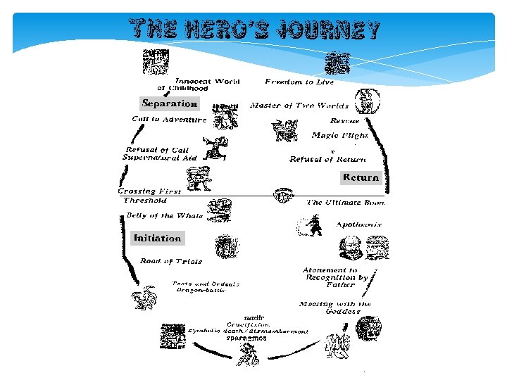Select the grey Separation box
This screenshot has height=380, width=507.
169,103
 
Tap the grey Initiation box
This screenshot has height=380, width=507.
158,238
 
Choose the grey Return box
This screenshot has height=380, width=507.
361,177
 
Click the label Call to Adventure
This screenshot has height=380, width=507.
170,119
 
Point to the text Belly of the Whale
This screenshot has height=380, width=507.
165,215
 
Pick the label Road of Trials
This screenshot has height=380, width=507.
171,261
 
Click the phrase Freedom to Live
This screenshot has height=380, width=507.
299,82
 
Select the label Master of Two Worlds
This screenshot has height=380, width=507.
299,106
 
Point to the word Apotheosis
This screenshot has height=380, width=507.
358,224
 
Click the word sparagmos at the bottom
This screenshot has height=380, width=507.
246,338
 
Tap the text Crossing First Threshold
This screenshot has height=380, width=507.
149,196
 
